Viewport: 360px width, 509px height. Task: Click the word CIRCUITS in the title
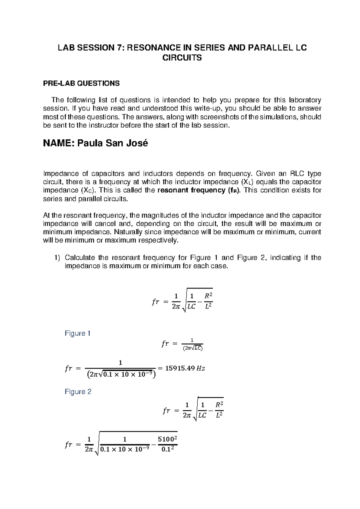point(182,58)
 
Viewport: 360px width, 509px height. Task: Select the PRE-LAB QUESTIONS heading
point(81,83)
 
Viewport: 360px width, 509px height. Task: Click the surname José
point(137,143)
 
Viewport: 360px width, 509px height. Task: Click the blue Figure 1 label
point(77,333)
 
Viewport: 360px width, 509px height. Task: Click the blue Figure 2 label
point(78,391)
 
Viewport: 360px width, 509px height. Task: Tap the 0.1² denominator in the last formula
point(168,450)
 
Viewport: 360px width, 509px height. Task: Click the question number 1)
point(57,258)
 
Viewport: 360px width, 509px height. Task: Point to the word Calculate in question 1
point(79,258)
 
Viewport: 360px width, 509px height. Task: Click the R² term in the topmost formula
point(208,296)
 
